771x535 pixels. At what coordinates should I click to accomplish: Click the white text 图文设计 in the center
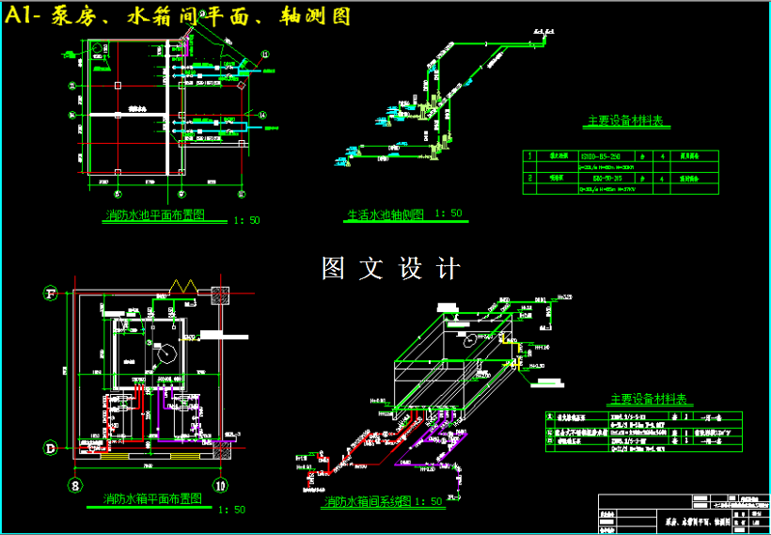point(390,268)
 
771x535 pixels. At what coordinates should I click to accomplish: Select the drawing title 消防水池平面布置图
point(154,215)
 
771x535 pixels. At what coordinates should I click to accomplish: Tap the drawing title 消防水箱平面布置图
point(152,498)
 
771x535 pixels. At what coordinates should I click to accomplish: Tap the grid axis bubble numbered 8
point(74,485)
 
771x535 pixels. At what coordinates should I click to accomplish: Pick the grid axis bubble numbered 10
point(219,485)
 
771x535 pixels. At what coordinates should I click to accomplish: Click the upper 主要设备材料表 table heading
point(625,121)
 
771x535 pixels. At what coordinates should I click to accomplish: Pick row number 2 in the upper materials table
point(530,177)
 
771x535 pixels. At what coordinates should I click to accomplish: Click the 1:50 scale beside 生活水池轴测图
point(448,213)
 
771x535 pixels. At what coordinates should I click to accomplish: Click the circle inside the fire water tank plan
point(164,354)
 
